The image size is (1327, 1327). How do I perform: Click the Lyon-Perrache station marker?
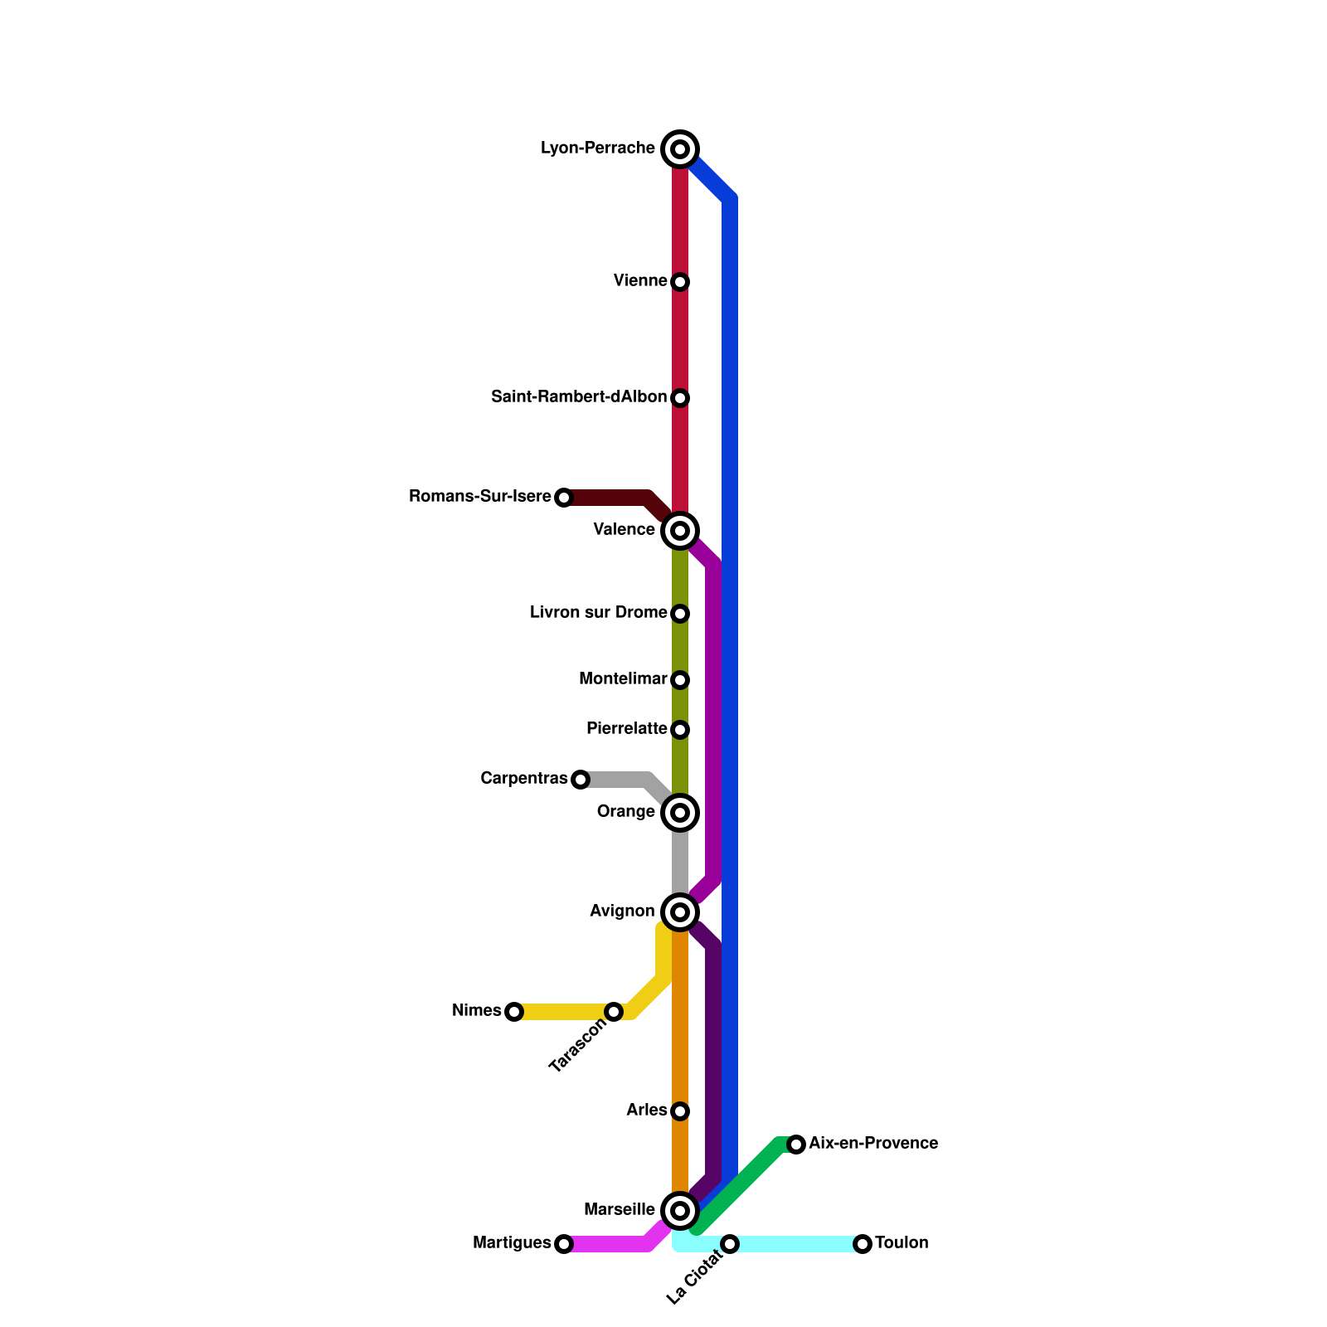tap(680, 149)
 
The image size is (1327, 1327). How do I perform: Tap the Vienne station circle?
tap(680, 282)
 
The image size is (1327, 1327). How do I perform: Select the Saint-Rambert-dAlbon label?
tap(578, 397)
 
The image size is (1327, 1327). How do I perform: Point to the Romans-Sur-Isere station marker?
tap(564, 498)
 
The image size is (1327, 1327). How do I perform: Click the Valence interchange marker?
tap(680, 531)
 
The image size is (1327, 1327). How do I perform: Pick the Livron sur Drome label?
tap(598, 613)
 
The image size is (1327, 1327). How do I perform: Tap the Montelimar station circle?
tap(680, 680)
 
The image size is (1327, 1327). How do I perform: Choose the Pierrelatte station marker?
tap(680, 730)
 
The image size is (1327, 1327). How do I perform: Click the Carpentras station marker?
tap(581, 780)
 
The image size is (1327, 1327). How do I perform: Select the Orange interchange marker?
tap(680, 813)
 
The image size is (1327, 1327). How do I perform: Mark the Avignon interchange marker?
tap(680, 912)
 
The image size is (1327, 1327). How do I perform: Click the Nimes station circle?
tap(514, 1012)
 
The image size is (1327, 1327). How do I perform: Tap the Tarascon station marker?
tap(614, 1012)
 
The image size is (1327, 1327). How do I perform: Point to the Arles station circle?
tap(680, 1111)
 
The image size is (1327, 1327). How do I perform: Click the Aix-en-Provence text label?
tap(873, 1144)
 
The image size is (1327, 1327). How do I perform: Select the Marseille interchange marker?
tap(680, 1211)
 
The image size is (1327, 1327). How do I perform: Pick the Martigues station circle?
tap(564, 1244)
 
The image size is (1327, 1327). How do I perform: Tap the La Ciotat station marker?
tap(730, 1244)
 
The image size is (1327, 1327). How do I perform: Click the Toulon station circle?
tap(863, 1244)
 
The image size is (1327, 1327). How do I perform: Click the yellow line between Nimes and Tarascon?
tap(564, 1012)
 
